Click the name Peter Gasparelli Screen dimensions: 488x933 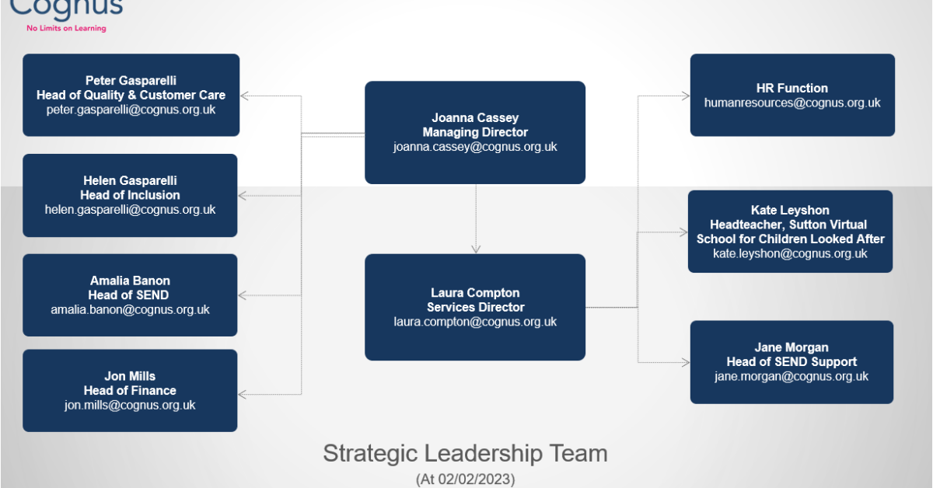[x=131, y=80]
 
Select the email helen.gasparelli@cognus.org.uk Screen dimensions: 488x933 [x=131, y=210]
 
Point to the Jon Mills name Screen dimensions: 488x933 [x=130, y=376]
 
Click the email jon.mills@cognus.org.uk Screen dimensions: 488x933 [x=130, y=405]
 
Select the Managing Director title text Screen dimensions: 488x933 [x=475, y=132]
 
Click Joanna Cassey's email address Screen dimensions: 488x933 [x=475, y=147]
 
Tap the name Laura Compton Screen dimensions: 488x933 [x=475, y=293]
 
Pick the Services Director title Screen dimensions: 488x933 [x=475, y=307]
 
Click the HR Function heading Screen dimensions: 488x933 [x=791, y=88]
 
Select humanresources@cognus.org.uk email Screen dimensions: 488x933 [x=791, y=103]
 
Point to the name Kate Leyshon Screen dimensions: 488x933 [x=790, y=210]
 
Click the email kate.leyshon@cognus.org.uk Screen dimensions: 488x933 [x=790, y=254]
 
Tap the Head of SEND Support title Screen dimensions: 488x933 [x=791, y=361]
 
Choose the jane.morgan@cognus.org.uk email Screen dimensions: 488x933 [x=791, y=376]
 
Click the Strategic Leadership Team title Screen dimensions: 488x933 [x=465, y=453]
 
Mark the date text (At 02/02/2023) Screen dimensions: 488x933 [x=465, y=479]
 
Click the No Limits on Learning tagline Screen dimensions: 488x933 [x=66, y=28]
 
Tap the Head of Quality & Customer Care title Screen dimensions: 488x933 [x=131, y=95]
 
